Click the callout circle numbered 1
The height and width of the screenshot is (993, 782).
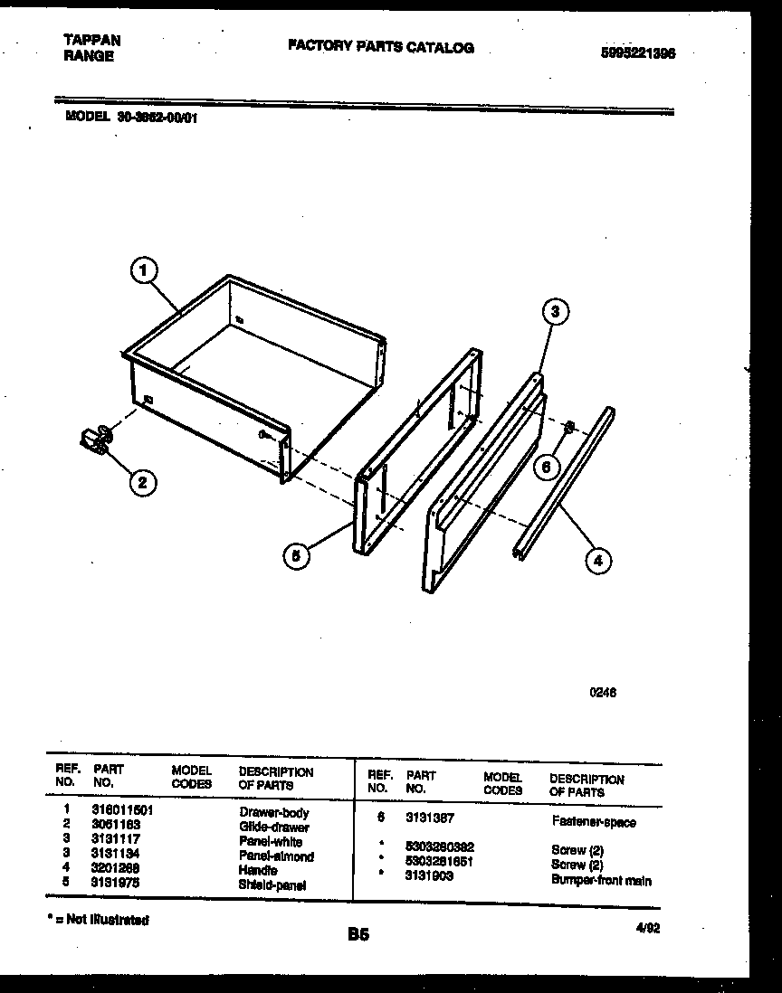click(143, 270)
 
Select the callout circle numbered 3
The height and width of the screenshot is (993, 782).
click(556, 312)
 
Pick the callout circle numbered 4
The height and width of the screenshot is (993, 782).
click(597, 561)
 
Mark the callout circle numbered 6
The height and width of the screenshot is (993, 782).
click(545, 468)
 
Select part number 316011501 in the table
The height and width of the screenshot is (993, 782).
click(122, 811)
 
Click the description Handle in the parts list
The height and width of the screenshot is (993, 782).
click(258, 870)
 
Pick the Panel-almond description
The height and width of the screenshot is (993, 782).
click(276, 856)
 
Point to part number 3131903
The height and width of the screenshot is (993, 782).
click(430, 876)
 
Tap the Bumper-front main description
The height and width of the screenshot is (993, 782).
click(601, 880)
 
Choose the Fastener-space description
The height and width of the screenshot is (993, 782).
click(594, 822)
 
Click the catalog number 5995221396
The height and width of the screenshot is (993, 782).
click(638, 52)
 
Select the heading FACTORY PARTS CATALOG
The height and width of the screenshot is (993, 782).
click(380, 47)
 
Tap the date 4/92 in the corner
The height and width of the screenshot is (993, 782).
click(647, 927)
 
